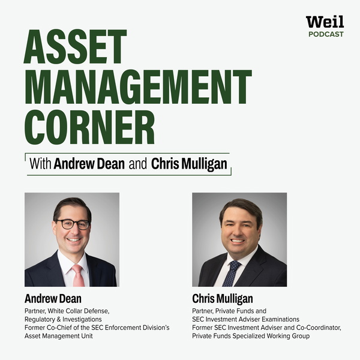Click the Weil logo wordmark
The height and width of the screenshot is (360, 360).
click(x=325, y=22)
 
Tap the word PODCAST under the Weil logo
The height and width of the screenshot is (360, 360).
click(x=326, y=35)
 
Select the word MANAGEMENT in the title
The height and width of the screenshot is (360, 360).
click(x=137, y=86)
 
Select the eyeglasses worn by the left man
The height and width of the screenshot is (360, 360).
click(x=73, y=224)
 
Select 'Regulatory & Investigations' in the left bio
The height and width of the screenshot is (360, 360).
click(x=64, y=319)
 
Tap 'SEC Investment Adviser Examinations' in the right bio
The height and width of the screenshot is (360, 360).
click(x=245, y=319)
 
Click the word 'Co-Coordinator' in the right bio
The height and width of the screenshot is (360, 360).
click(x=318, y=328)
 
